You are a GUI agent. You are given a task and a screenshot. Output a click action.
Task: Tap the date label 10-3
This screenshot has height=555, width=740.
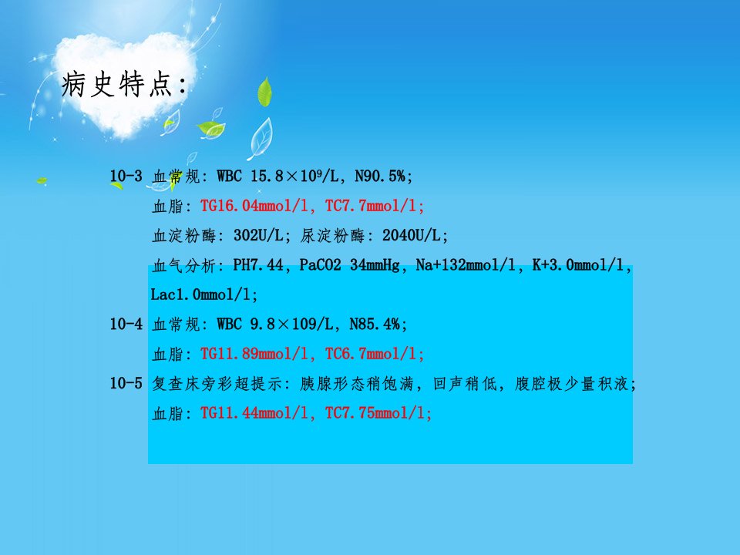point(126,176)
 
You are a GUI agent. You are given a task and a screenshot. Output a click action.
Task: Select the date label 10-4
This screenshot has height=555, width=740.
point(126,324)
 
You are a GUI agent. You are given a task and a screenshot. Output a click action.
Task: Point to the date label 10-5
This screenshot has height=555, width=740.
point(126,383)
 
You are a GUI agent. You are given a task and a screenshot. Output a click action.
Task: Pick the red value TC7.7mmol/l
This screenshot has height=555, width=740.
point(375,206)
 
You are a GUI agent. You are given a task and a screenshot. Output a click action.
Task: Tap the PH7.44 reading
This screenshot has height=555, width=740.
point(258,264)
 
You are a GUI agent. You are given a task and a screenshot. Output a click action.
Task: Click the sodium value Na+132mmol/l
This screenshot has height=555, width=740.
point(466,264)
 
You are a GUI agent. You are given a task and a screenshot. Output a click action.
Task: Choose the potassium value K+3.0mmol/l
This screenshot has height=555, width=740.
point(580,264)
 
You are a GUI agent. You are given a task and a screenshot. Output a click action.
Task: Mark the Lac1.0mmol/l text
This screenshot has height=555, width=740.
point(203,294)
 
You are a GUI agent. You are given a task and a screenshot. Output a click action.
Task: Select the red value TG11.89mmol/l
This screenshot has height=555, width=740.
point(257,354)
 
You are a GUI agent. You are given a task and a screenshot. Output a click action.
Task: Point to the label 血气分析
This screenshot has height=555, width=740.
point(183,265)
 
